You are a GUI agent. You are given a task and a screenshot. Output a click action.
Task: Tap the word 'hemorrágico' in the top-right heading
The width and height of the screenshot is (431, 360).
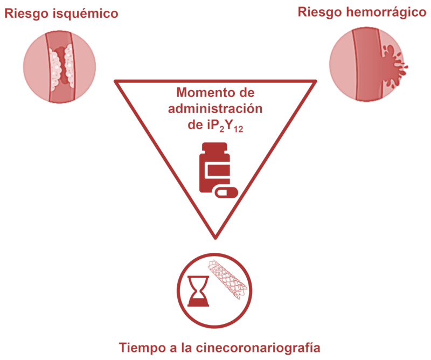coord(384,11)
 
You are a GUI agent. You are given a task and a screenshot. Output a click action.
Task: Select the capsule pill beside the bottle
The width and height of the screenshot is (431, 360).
coord(226,192)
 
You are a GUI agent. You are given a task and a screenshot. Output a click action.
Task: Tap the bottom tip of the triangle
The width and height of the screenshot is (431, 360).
coord(215,236)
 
